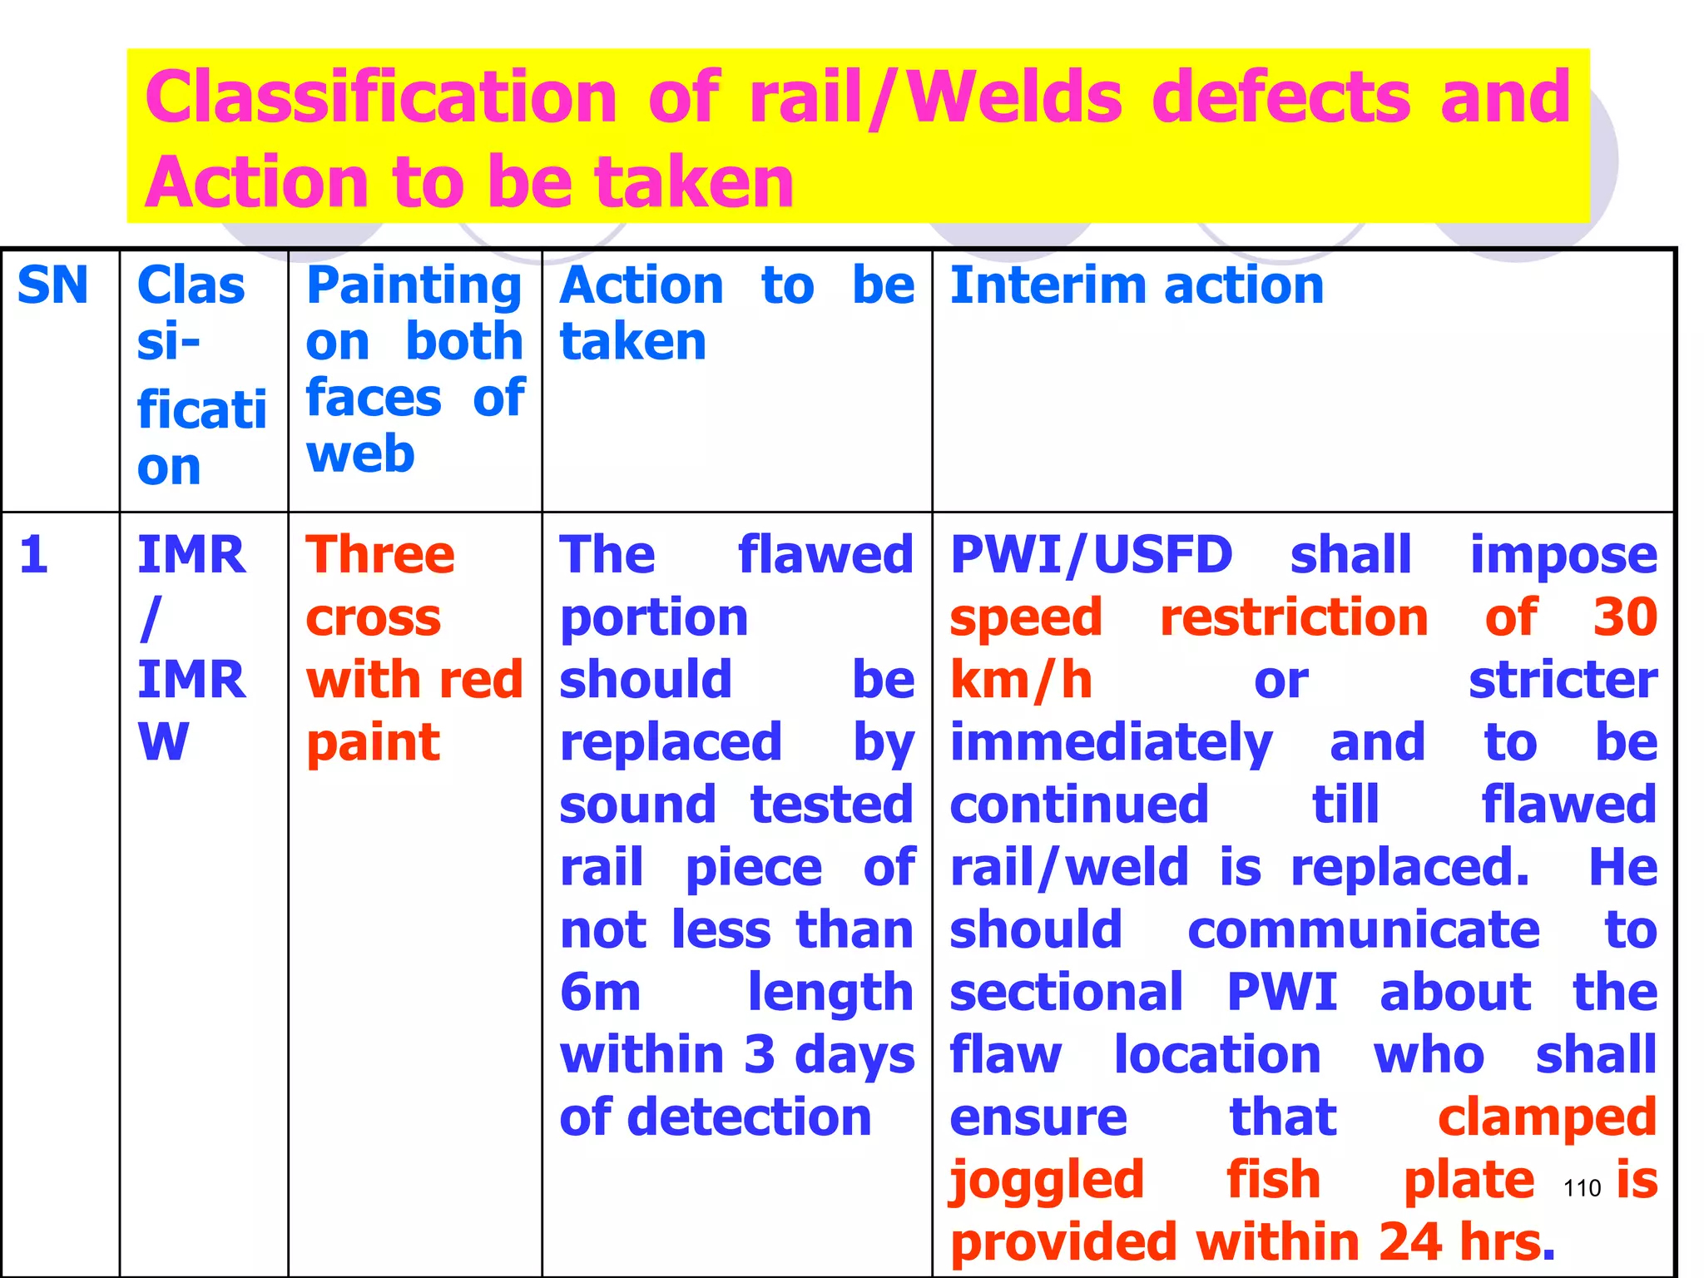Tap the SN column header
tap(52, 285)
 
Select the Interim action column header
tap(1137, 285)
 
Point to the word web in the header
tap(360, 454)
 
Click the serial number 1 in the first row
tap(33, 554)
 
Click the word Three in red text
tap(380, 555)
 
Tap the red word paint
tap(373, 742)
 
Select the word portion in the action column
tap(654, 618)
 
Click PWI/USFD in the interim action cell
tap(1091, 555)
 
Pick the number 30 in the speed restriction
tap(1625, 617)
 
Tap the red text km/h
tap(1021, 680)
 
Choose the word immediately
tap(1111, 743)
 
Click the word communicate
tap(1363, 930)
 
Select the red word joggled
tap(1047, 1181)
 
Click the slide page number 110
tap(1582, 1188)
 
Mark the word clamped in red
tap(1547, 1117)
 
